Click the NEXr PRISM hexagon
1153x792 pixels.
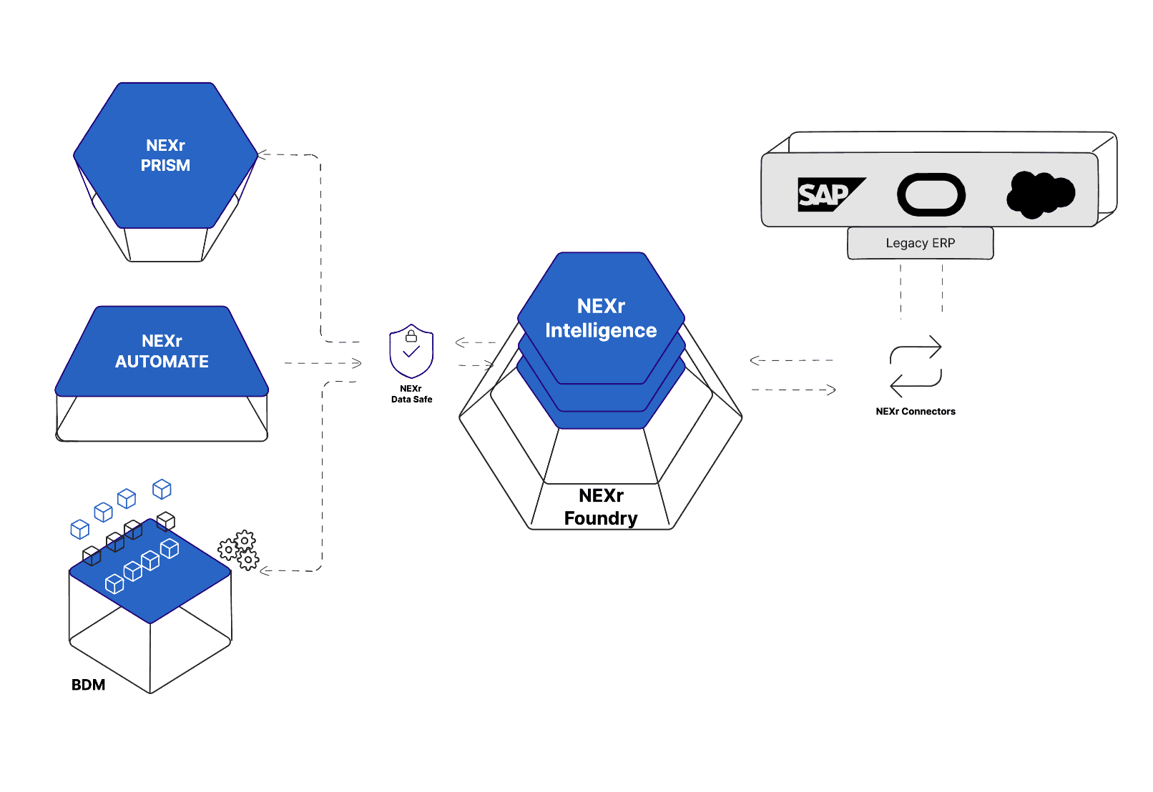165,156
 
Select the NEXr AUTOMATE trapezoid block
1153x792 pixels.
162,352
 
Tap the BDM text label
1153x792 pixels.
88,685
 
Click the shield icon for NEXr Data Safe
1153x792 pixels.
411,351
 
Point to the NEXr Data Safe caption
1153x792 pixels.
411,394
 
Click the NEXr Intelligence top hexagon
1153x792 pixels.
601,318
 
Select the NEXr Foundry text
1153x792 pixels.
601,507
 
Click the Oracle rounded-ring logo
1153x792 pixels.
931,194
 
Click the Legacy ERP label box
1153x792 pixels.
921,243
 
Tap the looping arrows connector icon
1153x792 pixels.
916,366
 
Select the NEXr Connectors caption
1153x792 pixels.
916,411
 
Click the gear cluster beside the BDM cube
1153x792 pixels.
239,550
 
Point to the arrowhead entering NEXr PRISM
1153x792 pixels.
263,154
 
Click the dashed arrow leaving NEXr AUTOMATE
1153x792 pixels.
322,363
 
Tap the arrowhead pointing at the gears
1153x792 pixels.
265,570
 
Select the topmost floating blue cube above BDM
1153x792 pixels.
162,489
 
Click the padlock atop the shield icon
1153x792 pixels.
411,336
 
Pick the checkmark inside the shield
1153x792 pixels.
411,352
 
